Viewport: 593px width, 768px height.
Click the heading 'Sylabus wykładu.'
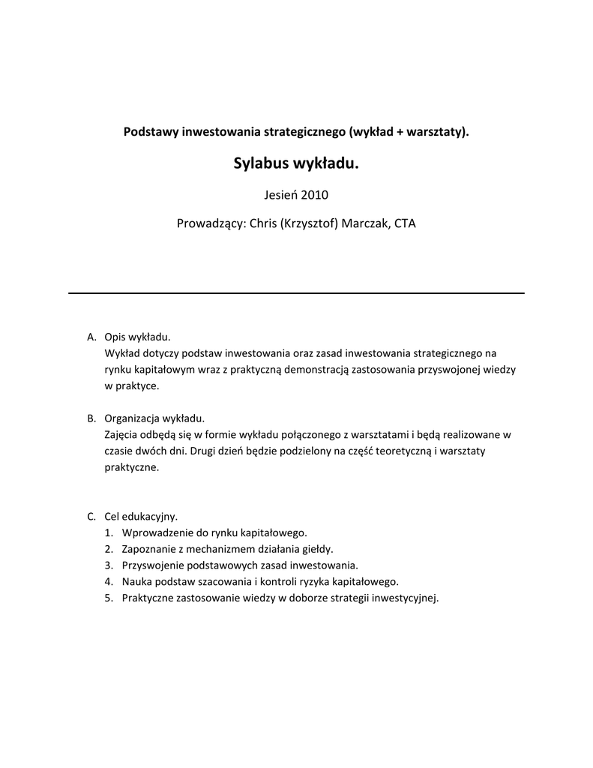click(296, 163)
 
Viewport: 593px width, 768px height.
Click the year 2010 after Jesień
click(314, 195)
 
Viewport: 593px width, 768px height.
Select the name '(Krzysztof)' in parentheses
click(308, 223)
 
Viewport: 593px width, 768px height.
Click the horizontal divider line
click(296, 292)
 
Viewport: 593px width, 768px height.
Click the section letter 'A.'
click(92, 337)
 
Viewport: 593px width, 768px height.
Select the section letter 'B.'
click(92, 418)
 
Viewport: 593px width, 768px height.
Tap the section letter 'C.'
click(92, 517)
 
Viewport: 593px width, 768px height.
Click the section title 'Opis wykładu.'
click(138, 337)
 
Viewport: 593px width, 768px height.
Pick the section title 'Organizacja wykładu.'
click(154, 418)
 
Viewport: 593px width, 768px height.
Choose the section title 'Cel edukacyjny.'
click(141, 517)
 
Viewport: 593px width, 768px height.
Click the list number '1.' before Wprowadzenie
click(109, 533)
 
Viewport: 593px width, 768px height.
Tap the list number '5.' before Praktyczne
click(109, 598)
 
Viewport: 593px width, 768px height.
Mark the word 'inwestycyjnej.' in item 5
click(405, 598)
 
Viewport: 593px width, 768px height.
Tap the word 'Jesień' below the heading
click(280, 195)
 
